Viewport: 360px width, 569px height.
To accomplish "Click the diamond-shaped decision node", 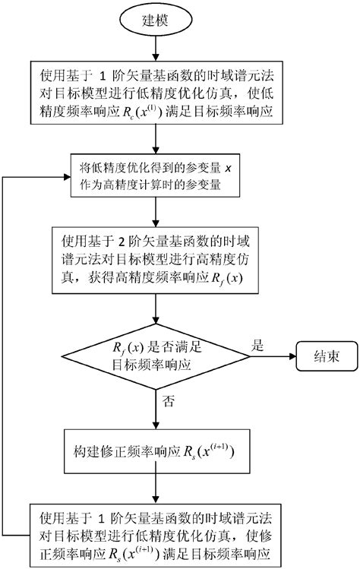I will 156,356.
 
